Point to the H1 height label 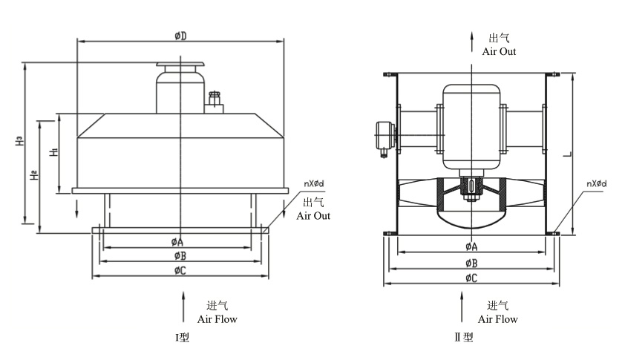tap(53, 152)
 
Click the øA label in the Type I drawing tap(177, 242)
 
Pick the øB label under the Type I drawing tap(177, 255)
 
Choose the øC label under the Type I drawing tap(179, 271)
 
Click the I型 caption tap(182, 338)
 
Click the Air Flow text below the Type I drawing tap(217, 319)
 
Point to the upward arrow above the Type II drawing tap(471, 40)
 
